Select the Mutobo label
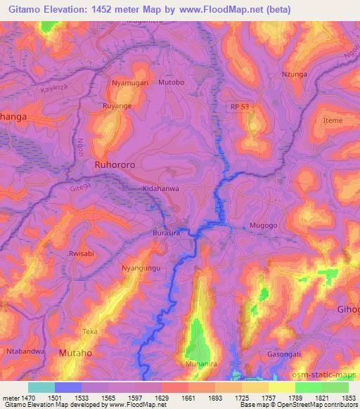coord(171,82)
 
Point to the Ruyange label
coord(117,108)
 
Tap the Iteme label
coord(332,121)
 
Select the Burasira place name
coord(167,232)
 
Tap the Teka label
coord(89,330)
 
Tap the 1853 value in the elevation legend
coord(349,398)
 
